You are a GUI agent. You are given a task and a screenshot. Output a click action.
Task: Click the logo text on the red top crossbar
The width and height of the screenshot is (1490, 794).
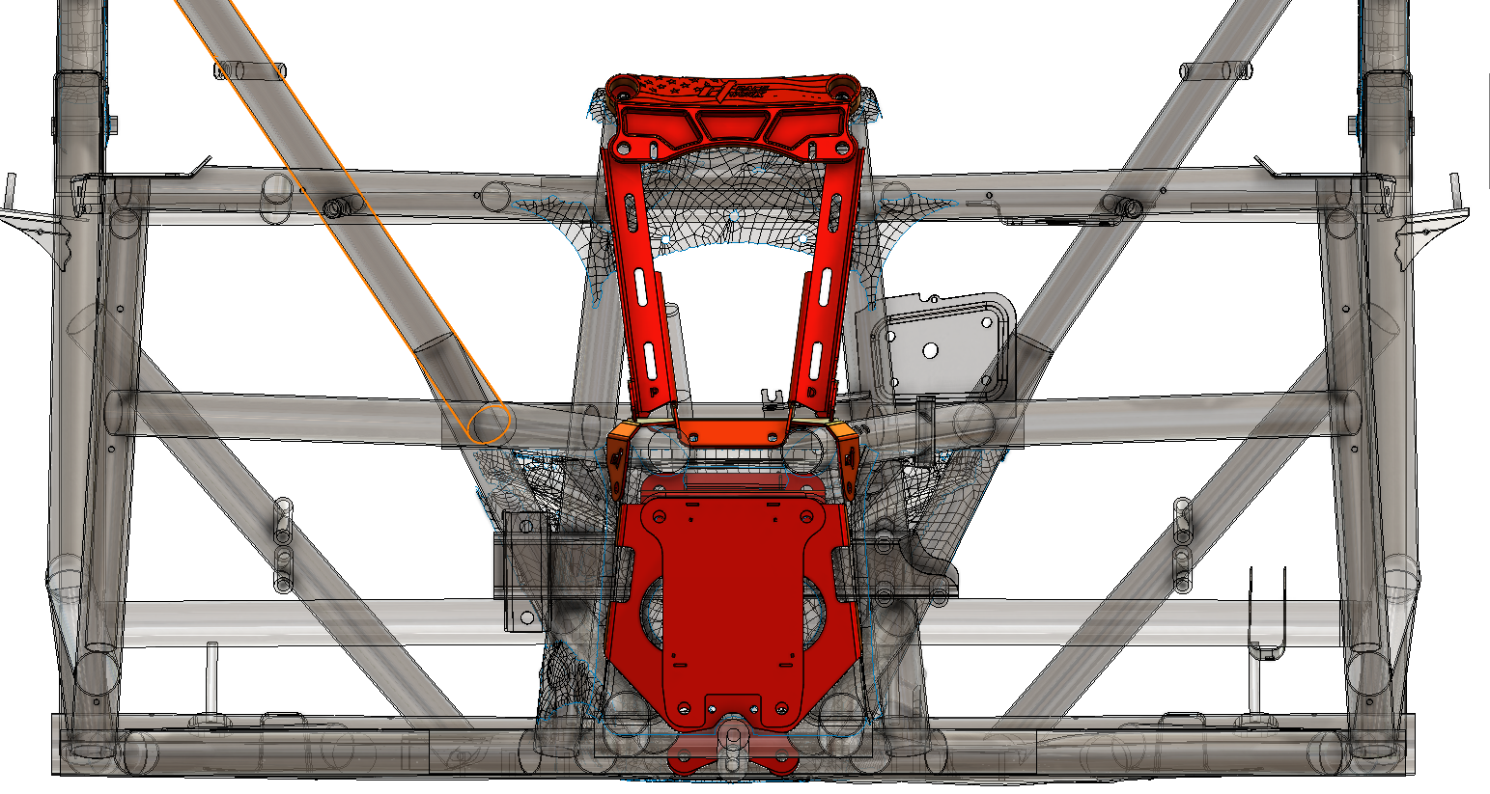click(x=747, y=93)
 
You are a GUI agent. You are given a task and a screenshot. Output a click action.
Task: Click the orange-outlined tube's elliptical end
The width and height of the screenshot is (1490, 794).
click(x=489, y=424)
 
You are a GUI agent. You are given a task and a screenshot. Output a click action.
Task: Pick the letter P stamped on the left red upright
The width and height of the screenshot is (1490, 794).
click(x=655, y=394)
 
